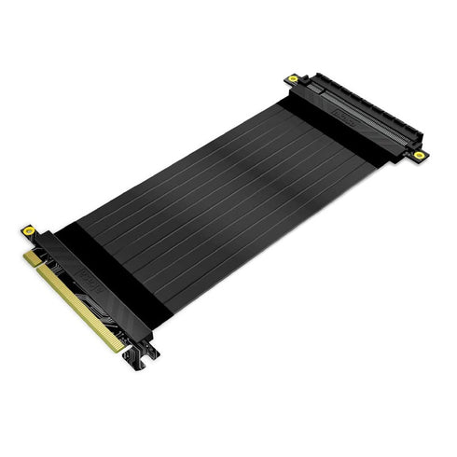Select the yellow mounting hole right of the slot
[420, 154]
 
